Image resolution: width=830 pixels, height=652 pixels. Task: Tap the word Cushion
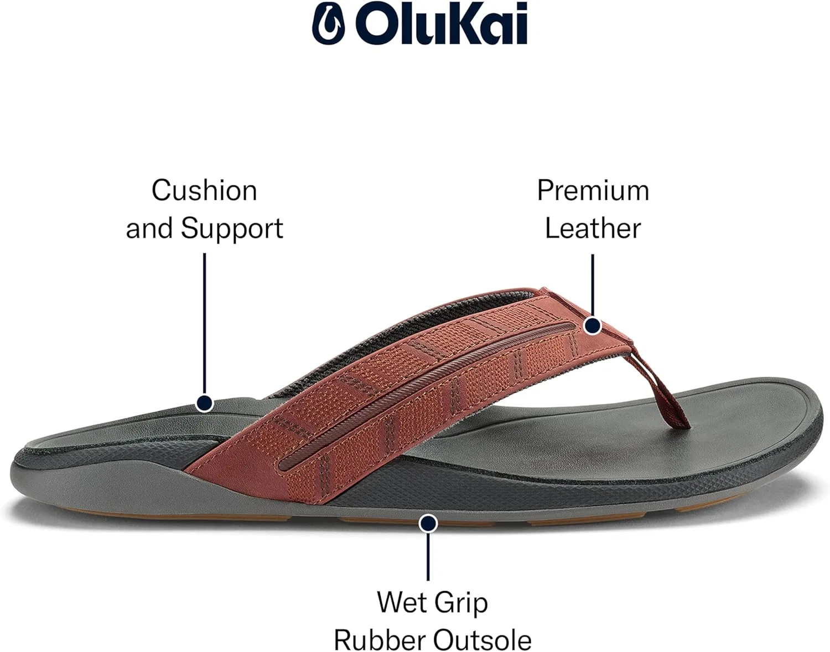click(x=204, y=190)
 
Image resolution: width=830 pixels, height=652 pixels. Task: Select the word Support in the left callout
click(x=232, y=229)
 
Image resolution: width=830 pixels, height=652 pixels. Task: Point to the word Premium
click(x=593, y=190)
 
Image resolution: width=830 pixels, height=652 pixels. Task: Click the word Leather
click(x=593, y=228)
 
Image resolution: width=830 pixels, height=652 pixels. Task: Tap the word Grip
click(x=461, y=604)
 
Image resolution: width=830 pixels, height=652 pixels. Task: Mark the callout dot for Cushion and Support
click(x=204, y=403)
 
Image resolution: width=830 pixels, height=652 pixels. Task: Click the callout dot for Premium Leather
click(x=593, y=326)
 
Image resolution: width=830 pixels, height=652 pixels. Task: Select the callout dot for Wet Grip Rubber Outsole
click(x=428, y=523)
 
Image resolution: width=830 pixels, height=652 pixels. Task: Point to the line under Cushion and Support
click(x=204, y=324)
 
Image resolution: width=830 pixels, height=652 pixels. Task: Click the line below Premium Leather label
click(x=593, y=286)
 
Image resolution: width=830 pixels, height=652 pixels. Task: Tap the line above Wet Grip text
click(x=428, y=556)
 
